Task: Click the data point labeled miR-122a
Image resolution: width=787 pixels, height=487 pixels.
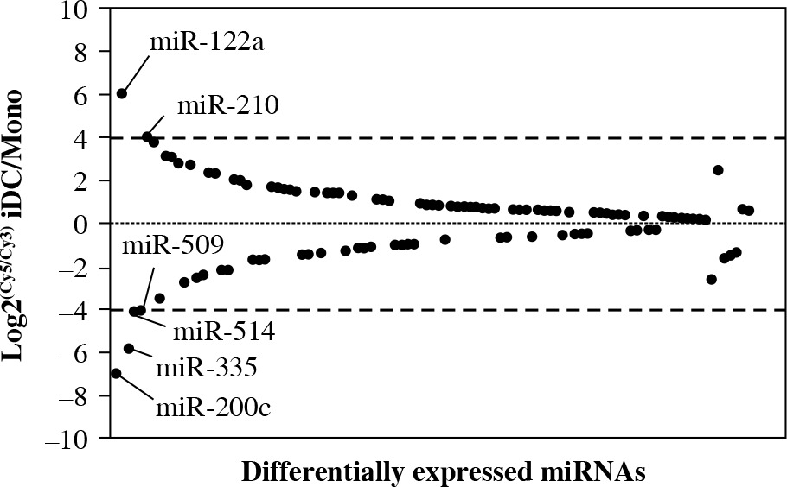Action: tap(122, 93)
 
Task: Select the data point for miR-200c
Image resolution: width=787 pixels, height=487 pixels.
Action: tap(116, 373)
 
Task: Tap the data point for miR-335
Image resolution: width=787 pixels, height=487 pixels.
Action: tap(129, 348)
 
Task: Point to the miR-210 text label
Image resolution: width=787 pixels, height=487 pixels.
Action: tap(227, 106)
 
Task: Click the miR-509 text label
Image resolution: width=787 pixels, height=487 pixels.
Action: tap(173, 244)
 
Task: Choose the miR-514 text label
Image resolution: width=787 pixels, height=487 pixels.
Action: tap(224, 331)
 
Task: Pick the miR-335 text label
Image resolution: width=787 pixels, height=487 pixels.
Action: tap(206, 369)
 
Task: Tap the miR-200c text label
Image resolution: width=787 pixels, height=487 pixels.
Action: tap(213, 406)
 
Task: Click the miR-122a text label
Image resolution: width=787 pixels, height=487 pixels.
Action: tap(208, 41)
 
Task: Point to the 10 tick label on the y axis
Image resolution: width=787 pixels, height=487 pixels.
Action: tap(76, 9)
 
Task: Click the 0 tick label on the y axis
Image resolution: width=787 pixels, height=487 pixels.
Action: tap(82, 224)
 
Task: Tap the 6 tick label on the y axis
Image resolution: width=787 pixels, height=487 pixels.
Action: tap(82, 95)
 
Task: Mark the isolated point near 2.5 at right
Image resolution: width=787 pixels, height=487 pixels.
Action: tap(718, 170)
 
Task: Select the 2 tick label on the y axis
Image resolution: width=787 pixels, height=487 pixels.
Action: tap(82, 180)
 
